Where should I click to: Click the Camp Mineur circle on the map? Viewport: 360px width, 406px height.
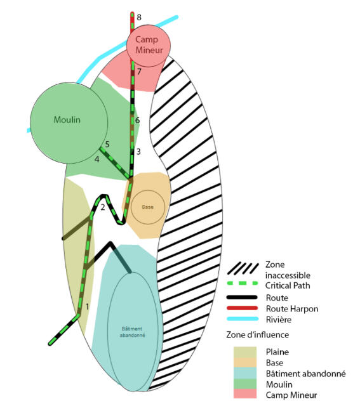[149, 45]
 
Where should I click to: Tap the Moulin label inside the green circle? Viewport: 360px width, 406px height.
[67, 120]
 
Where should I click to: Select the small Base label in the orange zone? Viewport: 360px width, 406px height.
[148, 207]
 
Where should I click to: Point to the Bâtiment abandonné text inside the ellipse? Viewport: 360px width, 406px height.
[133, 332]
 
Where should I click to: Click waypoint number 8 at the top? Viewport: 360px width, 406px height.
[139, 17]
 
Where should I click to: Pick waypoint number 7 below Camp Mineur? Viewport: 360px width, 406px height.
[139, 72]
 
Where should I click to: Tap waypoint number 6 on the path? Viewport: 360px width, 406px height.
[137, 120]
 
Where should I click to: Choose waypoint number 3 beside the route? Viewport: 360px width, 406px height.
[138, 152]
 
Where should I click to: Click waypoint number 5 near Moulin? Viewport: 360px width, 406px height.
[107, 144]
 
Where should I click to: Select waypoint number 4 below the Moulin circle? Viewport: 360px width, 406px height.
[97, 159]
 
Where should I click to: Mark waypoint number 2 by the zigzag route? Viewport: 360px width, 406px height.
[103, 207]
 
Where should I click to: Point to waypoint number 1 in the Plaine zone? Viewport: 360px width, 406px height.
[88, 306]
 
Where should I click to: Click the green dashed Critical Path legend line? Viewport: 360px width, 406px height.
[243, 283]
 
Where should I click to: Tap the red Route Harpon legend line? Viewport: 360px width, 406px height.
[243, 308]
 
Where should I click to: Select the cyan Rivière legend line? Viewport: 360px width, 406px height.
[243, 318]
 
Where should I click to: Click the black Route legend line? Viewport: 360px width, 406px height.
[242, 298]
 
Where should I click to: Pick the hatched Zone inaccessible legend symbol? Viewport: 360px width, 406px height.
[243, 268]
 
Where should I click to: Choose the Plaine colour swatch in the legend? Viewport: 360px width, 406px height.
[245, 352]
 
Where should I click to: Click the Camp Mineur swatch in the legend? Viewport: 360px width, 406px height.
[245, 394]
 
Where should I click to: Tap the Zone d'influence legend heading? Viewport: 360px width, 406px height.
[258, 334]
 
